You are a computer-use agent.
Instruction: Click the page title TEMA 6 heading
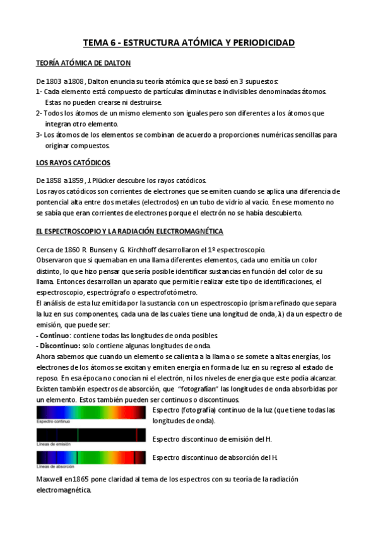pos(189,43)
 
